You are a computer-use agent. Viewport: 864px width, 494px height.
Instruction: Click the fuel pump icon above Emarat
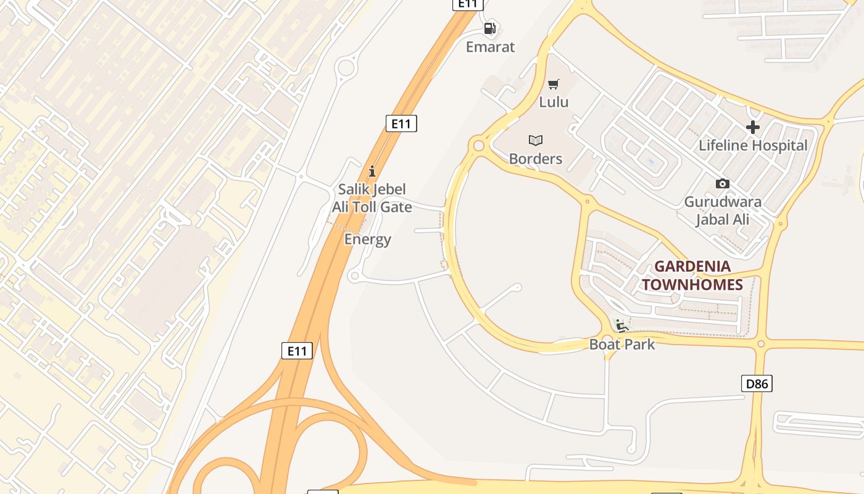tap(490, 28)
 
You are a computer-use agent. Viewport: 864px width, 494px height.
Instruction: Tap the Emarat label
tap(490, 47)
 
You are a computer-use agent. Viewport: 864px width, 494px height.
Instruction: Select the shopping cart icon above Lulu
tap(554, 84)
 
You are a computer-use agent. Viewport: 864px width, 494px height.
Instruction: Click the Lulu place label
tap(554, 102)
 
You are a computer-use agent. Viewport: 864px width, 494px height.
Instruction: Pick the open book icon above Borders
tap(536, 140)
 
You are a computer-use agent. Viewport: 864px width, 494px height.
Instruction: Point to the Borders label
tap(536, 159)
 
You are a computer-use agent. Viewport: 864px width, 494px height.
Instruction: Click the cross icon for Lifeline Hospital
tap(753, 128)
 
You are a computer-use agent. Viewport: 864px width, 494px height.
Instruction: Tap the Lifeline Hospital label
tap(753, 146)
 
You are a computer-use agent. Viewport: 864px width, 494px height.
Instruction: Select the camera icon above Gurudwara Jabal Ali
tap(722, 184)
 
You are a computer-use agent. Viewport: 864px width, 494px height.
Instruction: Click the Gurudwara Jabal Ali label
tap(723, 211)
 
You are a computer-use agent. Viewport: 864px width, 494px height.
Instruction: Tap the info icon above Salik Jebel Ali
tap(372, 171)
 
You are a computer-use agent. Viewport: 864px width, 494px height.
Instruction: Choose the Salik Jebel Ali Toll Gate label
tap(372, 198)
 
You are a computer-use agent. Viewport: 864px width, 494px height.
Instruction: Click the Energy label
tap(368, 240)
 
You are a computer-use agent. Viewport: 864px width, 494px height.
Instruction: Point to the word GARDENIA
tap(692, 267)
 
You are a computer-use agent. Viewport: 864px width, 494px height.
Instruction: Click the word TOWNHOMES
tap(692, 285)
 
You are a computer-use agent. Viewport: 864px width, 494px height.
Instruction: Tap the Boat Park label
tap(622, 345)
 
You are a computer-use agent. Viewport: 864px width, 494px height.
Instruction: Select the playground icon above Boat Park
tap(621, 325)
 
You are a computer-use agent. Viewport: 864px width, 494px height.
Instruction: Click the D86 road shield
tap(757, 383)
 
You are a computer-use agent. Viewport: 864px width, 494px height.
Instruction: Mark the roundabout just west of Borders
tap(478, 146)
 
